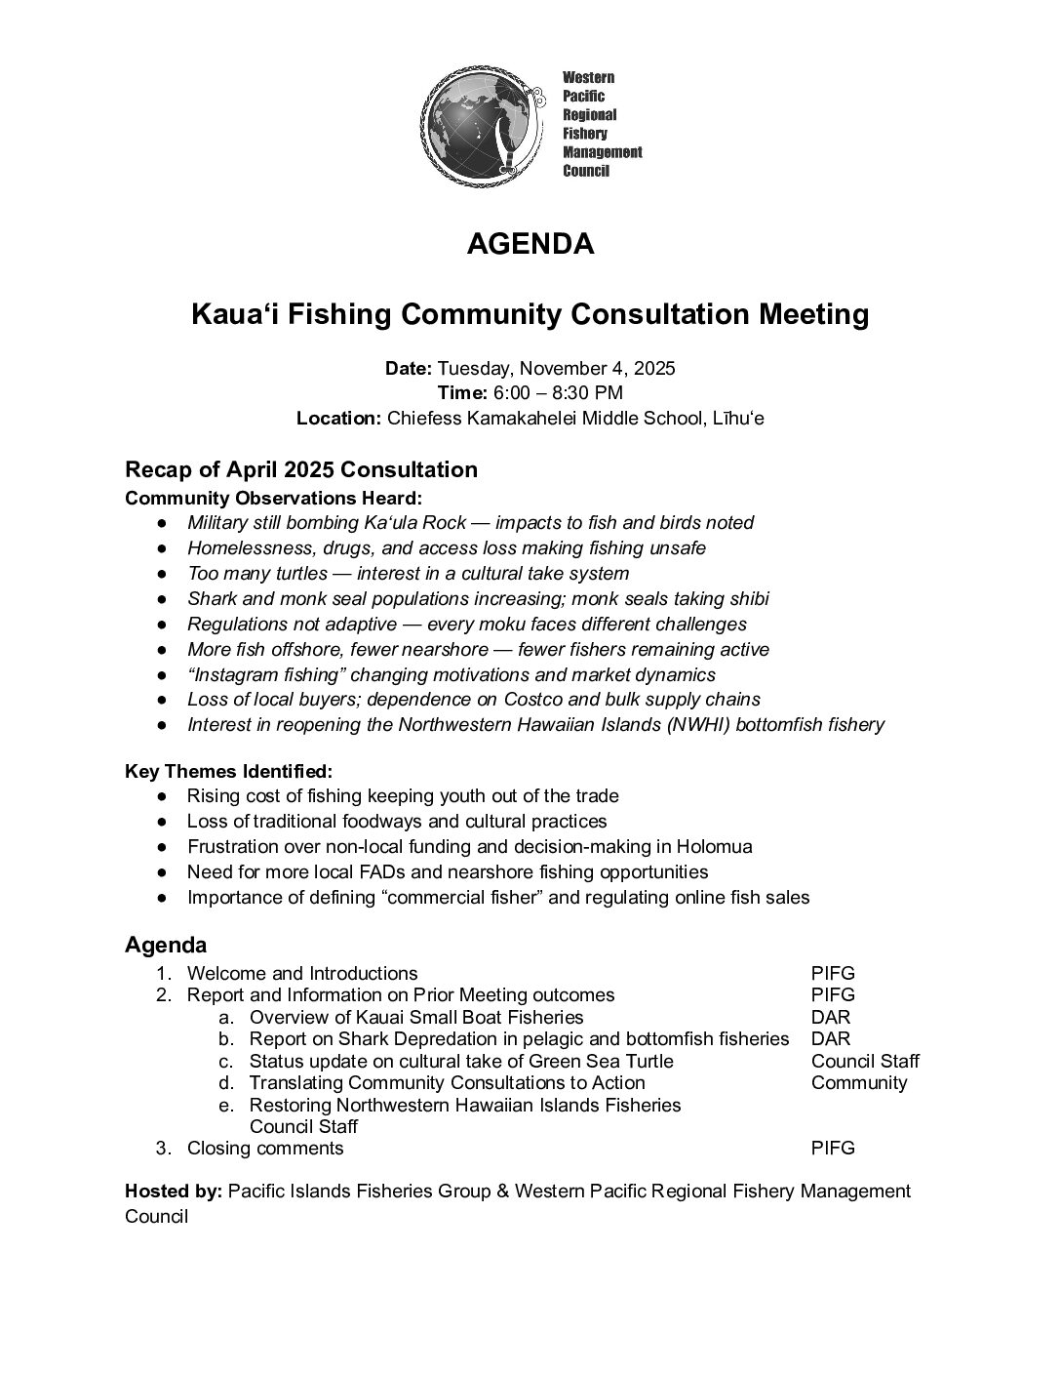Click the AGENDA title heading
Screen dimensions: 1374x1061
click(530, 244)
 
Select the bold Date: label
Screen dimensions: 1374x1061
click(409, 369)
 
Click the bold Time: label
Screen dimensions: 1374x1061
click(462, 393)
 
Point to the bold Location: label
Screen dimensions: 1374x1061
click(338, 419)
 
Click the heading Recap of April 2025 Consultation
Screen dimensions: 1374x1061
click(301, 469)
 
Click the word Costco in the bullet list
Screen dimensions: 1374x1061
click(535, 700)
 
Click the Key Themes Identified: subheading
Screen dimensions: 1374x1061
click(228, 771)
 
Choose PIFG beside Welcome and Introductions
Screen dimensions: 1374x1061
click(833, 974)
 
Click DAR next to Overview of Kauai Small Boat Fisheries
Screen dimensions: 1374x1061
click(830, 1017)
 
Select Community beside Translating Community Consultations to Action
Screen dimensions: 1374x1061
click(858, 1083)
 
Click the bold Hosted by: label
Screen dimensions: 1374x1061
click(174, 1192)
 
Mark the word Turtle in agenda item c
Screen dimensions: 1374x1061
click(647, 1062)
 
